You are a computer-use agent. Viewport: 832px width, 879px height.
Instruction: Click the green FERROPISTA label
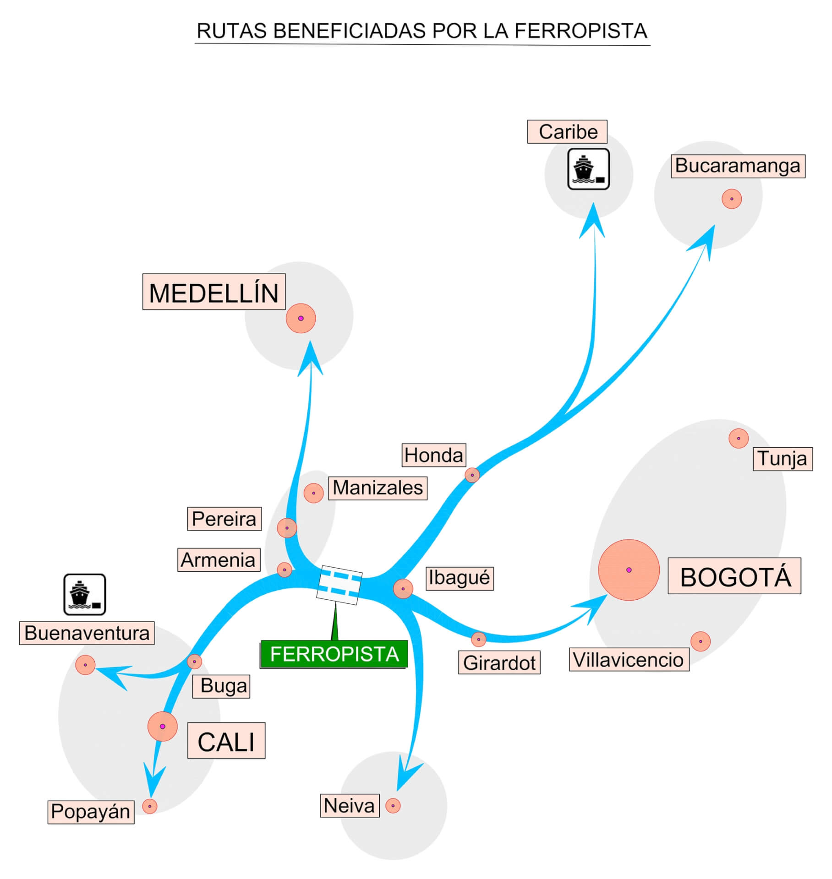(x=334, y=654)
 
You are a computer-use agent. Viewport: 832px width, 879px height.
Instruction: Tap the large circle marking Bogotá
(x=629, y=570)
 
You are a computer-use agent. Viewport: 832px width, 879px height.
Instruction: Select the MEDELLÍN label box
(x=214, y=292)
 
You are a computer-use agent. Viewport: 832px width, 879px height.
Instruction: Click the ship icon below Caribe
(x=588, y=169)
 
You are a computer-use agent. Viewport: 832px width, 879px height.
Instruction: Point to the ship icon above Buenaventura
(x=85, y=594)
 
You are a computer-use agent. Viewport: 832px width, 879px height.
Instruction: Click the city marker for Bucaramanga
(x=731, y=199)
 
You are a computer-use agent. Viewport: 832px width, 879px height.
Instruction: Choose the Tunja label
(x=783, y=459)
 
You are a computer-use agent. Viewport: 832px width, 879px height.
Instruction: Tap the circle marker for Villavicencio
(x=700, y=641)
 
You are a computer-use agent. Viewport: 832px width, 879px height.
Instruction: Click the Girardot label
(x=499, y=662)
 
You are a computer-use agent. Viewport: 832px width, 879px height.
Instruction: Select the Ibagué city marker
(x=403, y=589)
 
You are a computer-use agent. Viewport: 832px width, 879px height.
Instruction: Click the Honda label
(x=434, y=455)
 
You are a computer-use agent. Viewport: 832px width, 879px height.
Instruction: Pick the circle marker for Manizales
(x=313, y=493)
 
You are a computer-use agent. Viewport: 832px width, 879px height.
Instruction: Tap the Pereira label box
(x=224, y=519)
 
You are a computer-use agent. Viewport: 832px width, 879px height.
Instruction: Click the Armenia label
(x=219, y=560)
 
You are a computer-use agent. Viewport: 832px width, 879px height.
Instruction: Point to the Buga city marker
(x=194, y=662)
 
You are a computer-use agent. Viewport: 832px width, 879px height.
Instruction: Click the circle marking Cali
(x=162, y=727)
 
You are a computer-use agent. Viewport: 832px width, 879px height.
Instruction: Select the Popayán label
(x=91, y=812)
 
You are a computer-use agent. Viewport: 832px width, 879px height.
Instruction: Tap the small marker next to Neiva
(x=393, y=806)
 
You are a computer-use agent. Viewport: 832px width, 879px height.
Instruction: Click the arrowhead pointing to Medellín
(x=311, y=360)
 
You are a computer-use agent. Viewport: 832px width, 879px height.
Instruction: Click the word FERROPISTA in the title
(x=580, y=31)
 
